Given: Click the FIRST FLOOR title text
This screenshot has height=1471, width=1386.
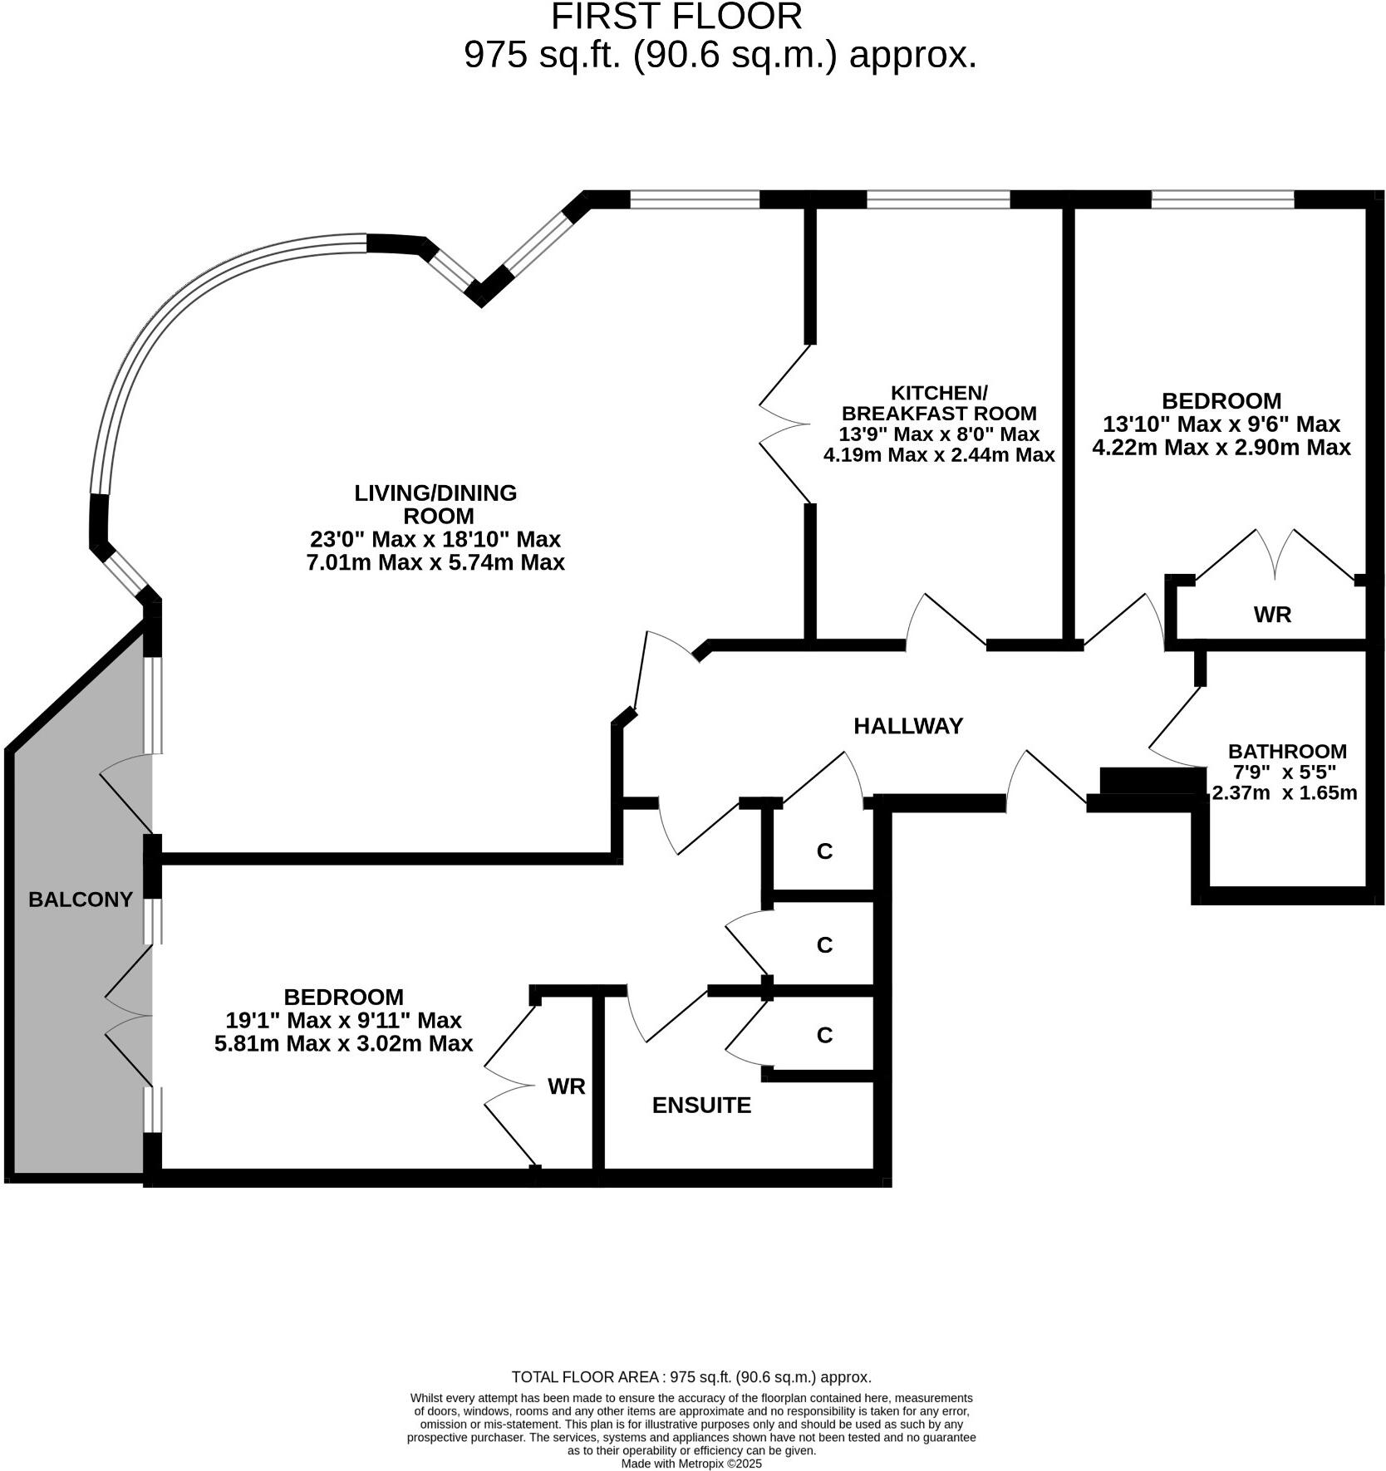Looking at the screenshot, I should (x=676, y=17).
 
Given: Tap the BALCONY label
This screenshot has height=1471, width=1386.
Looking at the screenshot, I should (x=81, y=900).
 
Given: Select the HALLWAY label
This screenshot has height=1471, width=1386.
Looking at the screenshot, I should (x=908, y=726).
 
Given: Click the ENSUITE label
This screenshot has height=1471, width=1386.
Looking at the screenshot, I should (x=701, y=1106).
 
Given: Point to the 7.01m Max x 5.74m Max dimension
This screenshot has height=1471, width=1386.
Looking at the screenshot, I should (x=435, y=563).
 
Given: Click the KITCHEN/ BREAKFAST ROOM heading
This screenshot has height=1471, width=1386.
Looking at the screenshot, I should (x=939, y=403).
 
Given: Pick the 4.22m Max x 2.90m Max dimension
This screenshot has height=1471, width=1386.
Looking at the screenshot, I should (x=1221, y=448).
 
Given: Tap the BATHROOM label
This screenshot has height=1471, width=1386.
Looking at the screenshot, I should (x=1286, y=751).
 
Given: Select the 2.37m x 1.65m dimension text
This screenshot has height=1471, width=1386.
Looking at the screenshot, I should (x=1285, y=792).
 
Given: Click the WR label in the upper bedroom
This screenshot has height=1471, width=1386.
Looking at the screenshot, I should (x=1272, y=615).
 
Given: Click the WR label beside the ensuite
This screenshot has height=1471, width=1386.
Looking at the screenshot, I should (x=567, y=1086).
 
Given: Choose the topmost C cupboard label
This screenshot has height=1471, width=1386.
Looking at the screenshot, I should (x=824, y=851).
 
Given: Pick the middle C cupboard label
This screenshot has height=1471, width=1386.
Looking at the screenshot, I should (x=824, y=945).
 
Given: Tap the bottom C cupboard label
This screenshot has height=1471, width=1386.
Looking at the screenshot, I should (x=824, y=1035).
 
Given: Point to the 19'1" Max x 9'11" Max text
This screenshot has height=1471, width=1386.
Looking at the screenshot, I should (x=343, y=1020).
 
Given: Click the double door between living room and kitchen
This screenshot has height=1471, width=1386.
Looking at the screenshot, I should (x=785, y=424).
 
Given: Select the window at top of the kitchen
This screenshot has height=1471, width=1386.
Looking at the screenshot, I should (x=938, y=199).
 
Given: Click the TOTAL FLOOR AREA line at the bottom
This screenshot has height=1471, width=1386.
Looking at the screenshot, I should (x=691, y=1377).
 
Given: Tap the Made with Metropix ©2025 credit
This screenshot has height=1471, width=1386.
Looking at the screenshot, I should (x=691, y=1464).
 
